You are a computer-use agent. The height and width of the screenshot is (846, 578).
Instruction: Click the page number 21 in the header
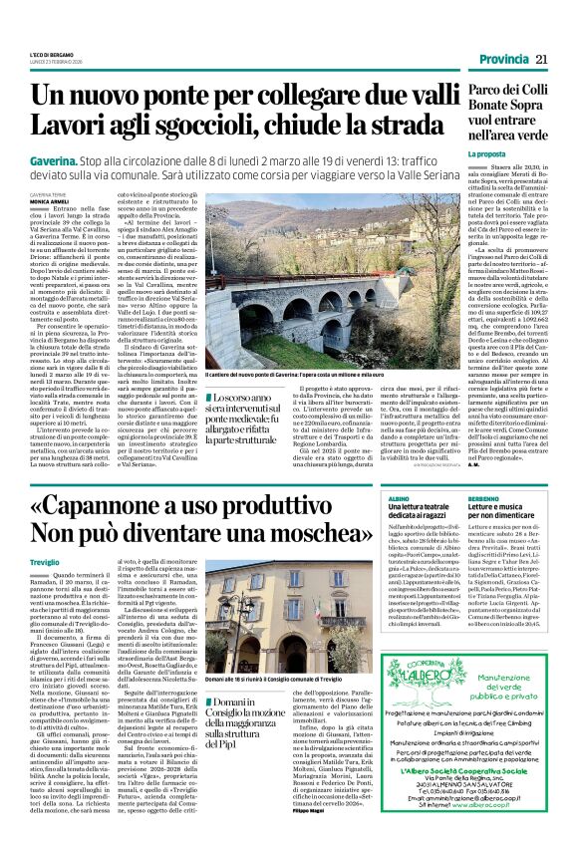pos(541,61)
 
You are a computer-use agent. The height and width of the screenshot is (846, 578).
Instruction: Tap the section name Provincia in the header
pos(501,61)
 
